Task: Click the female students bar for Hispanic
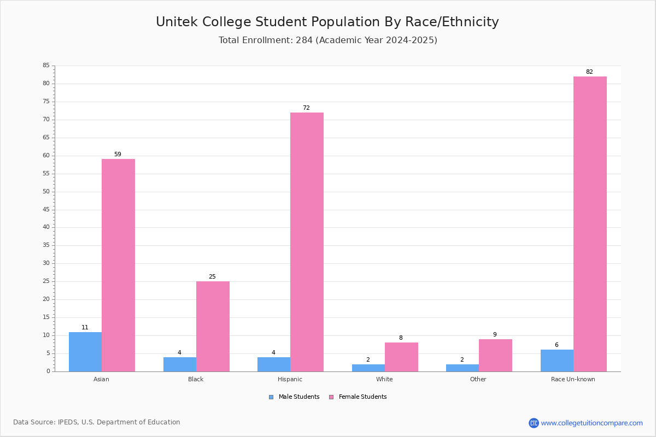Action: click(x=307, y=242)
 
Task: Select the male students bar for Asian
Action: click(x=85, y=352)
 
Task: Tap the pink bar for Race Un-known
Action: click(x=590, y=224)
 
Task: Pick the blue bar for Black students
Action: click(x=180, y=364)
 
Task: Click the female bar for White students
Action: click(x=401, y=357)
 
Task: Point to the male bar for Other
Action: click(x=462, y=368)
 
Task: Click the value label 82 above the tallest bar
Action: click(x=589, y=72)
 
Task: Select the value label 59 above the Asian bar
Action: click(x=118, y=154)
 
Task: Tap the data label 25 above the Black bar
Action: click(x=212, y=276)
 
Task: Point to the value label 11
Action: click(x=85, y=327)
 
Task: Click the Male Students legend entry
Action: click(x=294, y=397)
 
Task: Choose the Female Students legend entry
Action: click(x=358, y=397)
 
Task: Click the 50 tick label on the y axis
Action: click(x=46, y=192)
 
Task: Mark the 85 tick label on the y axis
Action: click(x=46, y=65)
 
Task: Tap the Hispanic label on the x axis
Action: click(x=290, y=379)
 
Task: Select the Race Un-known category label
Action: click(x=573, y=379)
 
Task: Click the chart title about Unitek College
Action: click(x=327, y=22)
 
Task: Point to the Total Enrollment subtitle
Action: click(x=328, y=40)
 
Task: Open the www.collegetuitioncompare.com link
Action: click(x=592, y=423)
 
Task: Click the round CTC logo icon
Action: click(x=534, y=423)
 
